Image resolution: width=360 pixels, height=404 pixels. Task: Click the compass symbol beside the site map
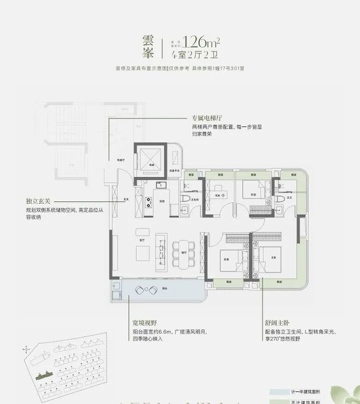click(x=26, y=348)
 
